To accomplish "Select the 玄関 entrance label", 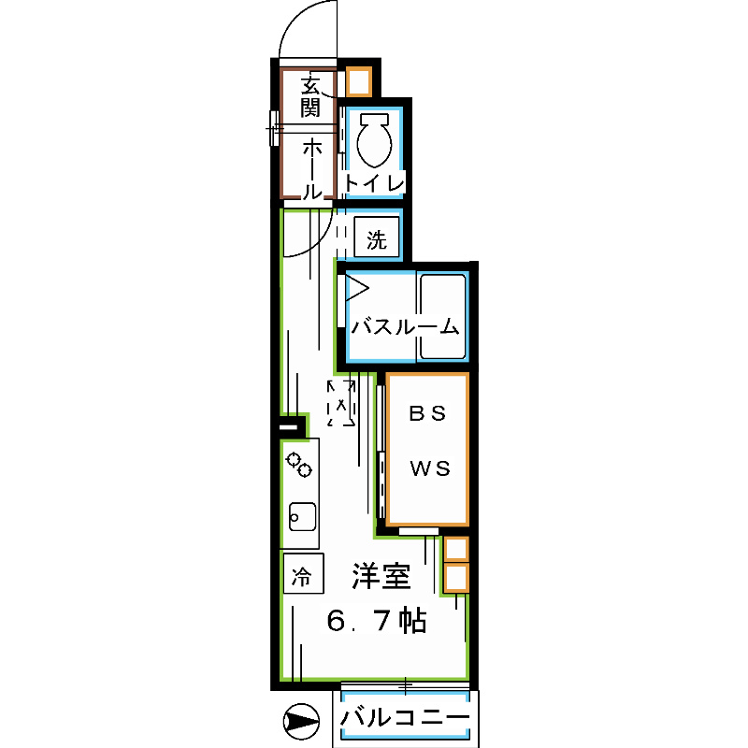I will point(310,96).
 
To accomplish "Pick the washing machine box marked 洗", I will point(376,239).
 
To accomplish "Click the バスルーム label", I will point(406,327).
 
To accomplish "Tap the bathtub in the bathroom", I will point(442,316).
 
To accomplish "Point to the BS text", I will point(428,411).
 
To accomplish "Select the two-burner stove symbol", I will point(300,464).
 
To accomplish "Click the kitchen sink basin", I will point(302,515).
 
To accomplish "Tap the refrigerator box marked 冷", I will point(302,573).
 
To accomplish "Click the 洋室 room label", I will point(381,578).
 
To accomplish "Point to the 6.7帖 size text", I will point(378,620).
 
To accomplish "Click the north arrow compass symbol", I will point(300,722).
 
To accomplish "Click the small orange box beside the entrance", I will point(359,81).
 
